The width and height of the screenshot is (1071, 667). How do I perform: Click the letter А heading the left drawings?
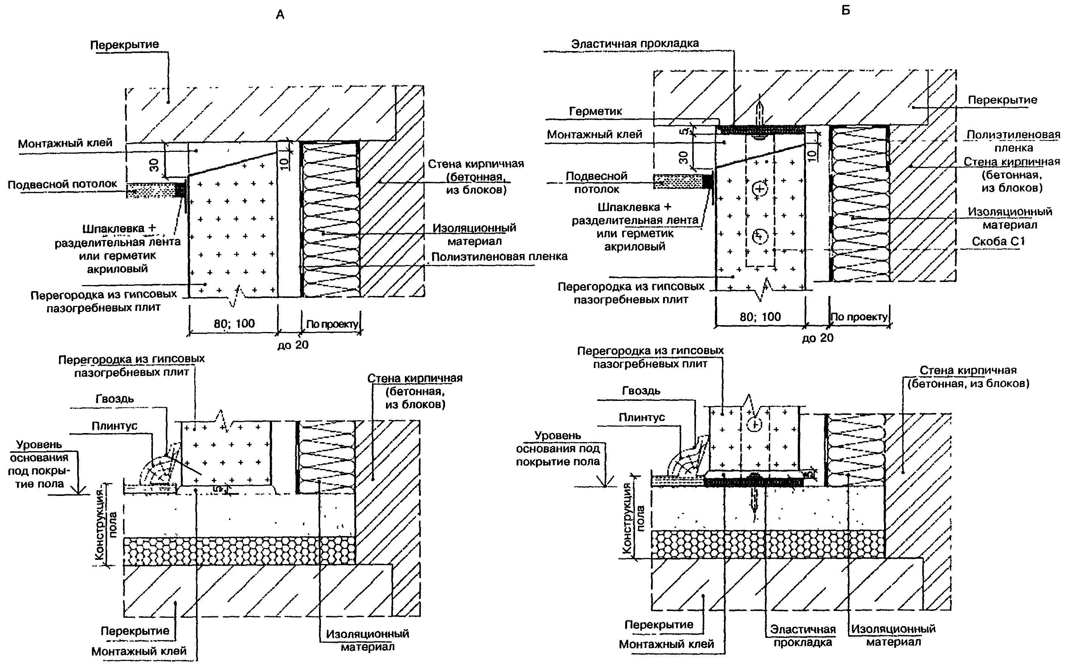tap(280, 15)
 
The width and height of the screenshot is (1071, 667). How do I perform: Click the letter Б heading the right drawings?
tap(845, 10)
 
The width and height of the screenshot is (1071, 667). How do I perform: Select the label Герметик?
tap(595, 112)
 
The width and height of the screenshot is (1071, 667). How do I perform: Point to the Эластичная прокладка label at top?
tap(635, 44)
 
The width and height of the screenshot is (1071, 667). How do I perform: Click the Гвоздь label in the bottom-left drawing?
tap(115, 399)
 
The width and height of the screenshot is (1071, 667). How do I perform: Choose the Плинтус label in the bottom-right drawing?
tap(641, 417)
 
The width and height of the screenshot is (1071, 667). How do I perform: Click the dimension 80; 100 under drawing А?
tap(234, 324)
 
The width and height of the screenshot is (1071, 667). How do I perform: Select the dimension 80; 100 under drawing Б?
tap(760, 317)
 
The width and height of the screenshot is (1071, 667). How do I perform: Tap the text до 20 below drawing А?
tap(293, 345)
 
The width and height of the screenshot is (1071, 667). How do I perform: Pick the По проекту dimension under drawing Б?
tap(859, 317)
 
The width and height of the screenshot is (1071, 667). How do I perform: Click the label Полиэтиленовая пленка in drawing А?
tap(499, 257)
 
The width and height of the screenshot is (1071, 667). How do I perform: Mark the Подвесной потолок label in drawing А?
tap(62, 184)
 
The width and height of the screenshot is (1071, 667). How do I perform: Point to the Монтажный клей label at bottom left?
tap(139, 651)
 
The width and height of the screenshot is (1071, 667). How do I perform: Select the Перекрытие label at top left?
tap(125, 45)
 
